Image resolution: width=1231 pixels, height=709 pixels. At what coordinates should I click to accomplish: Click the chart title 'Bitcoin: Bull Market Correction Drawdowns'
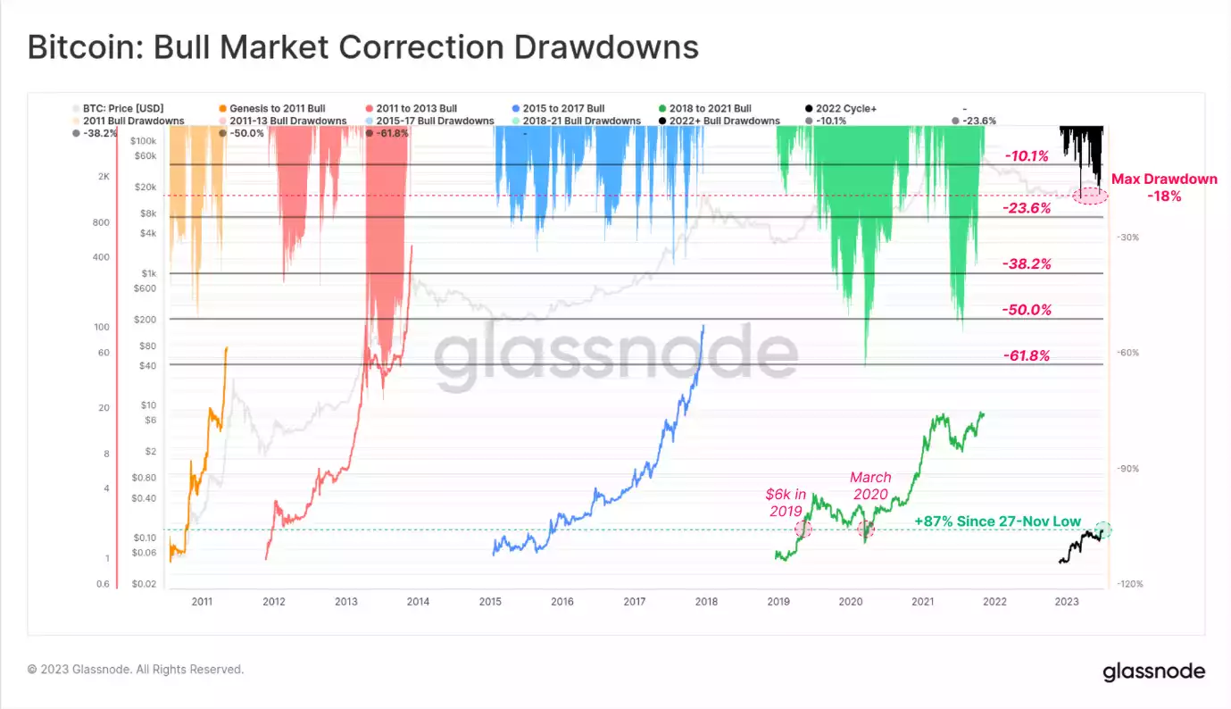[x=362, y=47]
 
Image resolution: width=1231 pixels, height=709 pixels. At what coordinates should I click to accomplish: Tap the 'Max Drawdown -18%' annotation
[x=1164, y=188]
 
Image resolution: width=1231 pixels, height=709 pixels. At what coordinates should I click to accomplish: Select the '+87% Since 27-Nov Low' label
[x=997, y=521]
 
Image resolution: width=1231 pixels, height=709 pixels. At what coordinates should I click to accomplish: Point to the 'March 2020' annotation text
[x=869, y=486]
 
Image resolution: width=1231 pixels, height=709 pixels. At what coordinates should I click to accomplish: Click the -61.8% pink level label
[x=1027, y=355]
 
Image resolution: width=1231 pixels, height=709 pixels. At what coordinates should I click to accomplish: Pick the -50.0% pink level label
[x=1027, y=310]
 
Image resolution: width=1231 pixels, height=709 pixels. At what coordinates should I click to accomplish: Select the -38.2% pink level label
[x=1027, y=264]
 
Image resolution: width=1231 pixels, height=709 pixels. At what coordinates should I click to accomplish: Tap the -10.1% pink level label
[x=1027, y=156]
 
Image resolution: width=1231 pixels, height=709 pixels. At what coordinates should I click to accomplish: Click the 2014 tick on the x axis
[x=418, y=602]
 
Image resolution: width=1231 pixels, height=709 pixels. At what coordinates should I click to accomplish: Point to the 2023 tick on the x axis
[x=1066, y=602]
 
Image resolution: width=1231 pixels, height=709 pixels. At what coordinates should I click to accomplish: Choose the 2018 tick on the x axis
[x=706, y=602]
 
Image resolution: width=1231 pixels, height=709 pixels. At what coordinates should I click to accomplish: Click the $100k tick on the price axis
[x=143, y=141]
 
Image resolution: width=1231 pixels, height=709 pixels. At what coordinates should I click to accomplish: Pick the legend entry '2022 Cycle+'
[x=845, y=109]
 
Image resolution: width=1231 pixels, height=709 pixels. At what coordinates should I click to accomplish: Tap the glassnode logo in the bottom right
[x=1153, y=671]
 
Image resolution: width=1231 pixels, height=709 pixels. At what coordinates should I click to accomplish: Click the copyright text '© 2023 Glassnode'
[x=135, y=669]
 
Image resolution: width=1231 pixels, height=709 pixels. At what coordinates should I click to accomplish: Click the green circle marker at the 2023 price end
[x=1103, y=529]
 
